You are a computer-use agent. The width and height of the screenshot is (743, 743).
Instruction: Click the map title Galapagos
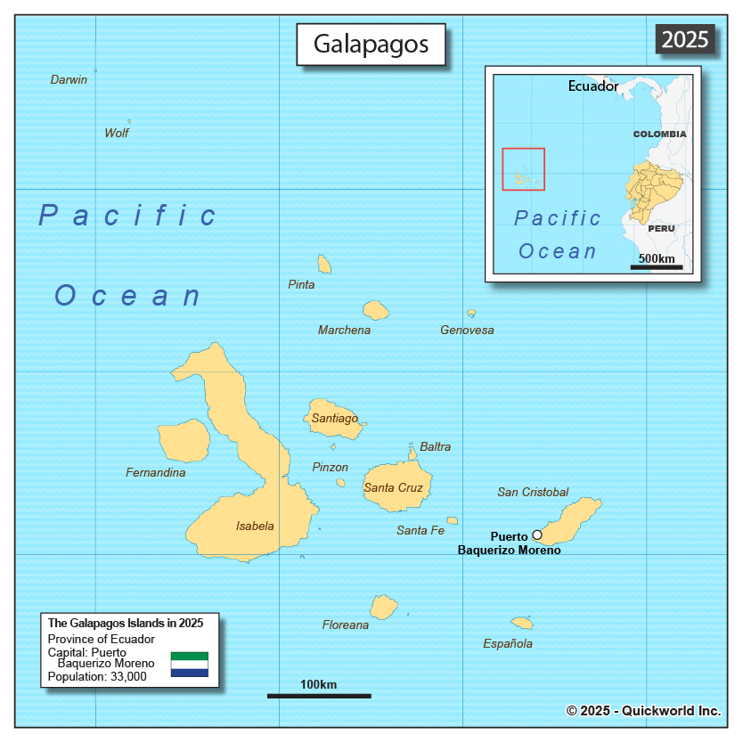pos(371,44)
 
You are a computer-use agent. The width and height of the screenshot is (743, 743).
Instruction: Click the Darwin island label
pos(69,79)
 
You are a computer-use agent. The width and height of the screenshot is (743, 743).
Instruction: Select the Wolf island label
pos(117,133)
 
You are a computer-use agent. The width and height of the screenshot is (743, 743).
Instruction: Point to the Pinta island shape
pos(324,265)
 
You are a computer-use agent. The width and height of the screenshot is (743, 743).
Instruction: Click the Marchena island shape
pos(375,310)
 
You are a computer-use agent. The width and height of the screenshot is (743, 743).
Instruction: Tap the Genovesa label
pos(467,330)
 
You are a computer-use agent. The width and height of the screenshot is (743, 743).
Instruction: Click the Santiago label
pos(335,418)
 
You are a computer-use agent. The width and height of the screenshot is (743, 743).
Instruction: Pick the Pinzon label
pos(331,467)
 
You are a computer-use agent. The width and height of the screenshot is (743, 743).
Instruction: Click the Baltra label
pos(436,446)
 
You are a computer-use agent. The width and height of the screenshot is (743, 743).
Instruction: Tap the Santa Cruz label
pos(393,487)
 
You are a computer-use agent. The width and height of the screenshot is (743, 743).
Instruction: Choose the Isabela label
pos(255,526)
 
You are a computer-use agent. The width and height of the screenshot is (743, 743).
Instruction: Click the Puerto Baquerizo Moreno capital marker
pos(537,535)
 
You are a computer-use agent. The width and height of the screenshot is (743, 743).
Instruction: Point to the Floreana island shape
pos(384,607)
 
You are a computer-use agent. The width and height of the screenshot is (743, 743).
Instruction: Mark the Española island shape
pos(522,623)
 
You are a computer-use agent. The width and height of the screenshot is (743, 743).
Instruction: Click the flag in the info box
pos(190,665)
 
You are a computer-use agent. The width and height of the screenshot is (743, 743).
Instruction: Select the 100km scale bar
pos(319,695)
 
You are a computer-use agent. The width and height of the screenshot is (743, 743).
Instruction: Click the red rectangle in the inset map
pos(523,168)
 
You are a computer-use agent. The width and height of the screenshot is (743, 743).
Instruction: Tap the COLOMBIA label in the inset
pos(659,134)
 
